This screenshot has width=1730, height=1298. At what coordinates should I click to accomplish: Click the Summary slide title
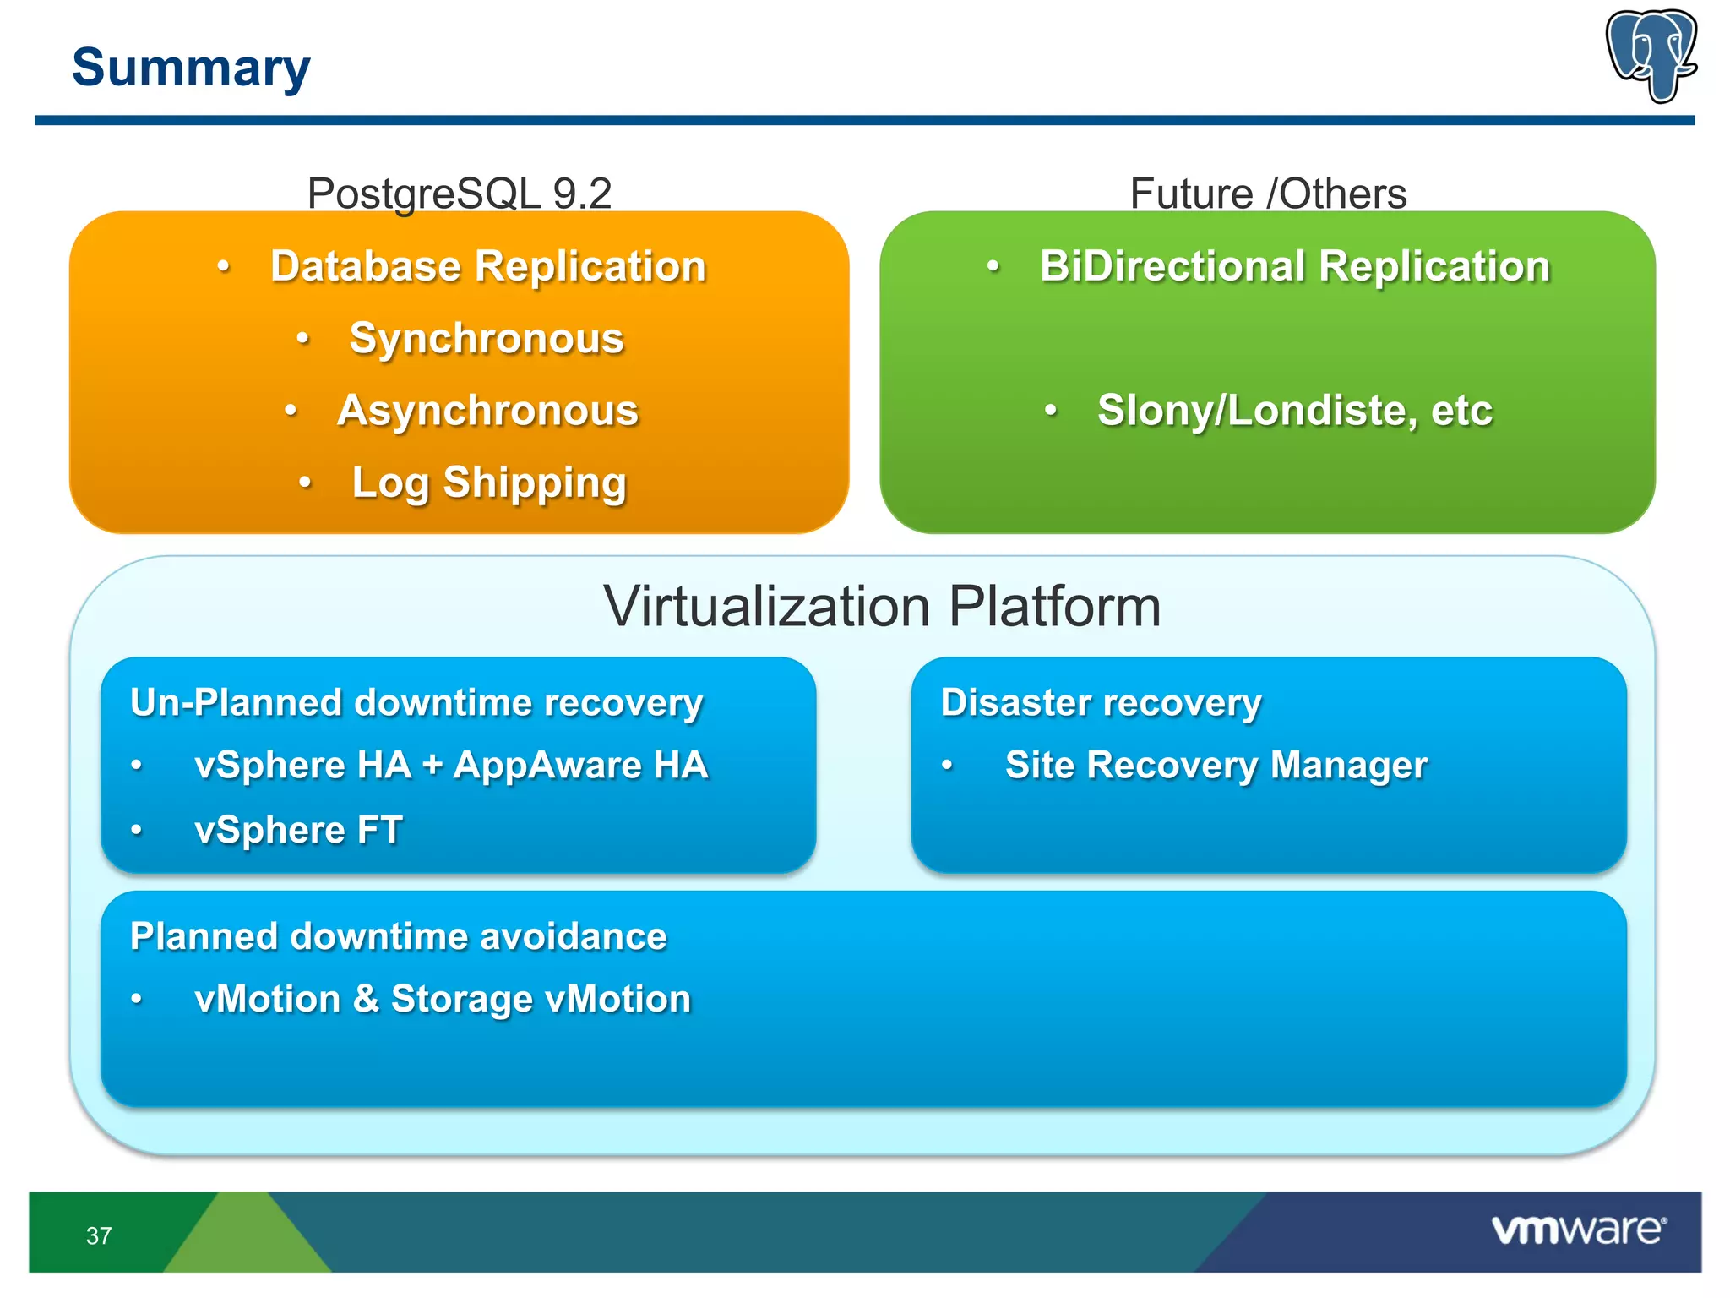click(191, 68)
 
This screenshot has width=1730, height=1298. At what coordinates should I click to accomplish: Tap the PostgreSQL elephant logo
click(1651, 56)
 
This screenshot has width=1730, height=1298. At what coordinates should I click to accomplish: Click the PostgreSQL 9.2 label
click(459, 194)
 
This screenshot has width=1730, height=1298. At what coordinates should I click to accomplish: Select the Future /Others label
click(1268, 194)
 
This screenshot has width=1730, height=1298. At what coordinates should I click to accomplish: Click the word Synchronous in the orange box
click(487, 339)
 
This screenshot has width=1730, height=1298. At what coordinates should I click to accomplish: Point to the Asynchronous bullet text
click(487, 411)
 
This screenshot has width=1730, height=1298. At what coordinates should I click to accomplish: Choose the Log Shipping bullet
click(489, 483)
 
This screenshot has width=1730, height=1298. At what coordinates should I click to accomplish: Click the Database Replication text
click(487, 266)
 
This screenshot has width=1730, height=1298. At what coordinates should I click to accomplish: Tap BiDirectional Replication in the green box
click(1294, 266)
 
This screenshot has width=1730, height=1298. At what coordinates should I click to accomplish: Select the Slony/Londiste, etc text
click(1294, 411)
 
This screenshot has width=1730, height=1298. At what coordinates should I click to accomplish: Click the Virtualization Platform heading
click(882, 606)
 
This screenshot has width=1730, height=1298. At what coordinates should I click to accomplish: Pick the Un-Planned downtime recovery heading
click(416, 703)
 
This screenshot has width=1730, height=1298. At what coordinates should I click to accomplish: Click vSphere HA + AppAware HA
click(451, 766)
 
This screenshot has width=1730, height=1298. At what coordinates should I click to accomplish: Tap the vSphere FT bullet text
click(298, 830)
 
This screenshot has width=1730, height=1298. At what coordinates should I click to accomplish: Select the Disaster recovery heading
click(1101, 703)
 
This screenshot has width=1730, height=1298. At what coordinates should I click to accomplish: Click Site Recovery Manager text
click(1216, 766)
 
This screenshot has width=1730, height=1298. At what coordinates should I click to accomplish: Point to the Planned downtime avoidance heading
click(398, 936)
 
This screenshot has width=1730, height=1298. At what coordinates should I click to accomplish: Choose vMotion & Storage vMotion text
click(443, 1000)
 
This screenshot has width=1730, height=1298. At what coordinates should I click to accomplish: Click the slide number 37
click(99, 1235)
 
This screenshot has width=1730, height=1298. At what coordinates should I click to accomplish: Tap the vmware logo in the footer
click(1578, 1230)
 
